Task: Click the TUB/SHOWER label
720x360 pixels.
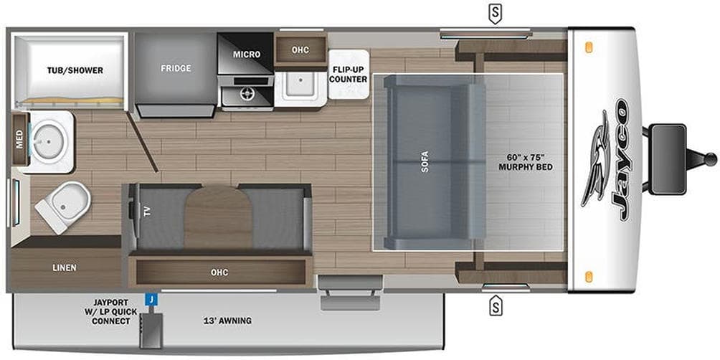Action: [75, 70]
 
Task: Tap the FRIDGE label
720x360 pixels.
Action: [176, 68]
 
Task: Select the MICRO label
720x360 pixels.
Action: [245, 54]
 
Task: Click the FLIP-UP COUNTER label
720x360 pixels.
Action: [349, 74]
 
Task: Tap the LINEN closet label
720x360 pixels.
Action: [64, 267]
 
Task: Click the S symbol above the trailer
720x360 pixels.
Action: [494, 11]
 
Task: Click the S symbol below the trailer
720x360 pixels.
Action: [495, 306]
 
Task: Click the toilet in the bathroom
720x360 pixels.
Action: [63, 201]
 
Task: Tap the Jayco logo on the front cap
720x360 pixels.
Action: [607, 158]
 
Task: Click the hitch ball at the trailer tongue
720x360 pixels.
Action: [711, 158]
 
